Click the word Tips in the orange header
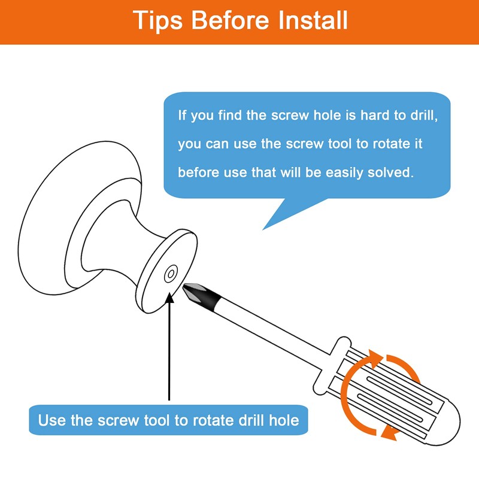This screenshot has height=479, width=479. coord(157,21)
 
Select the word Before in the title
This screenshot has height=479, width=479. coord(231,20)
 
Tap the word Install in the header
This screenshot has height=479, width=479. coord(313,20)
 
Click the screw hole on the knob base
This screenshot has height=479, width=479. coord(171,274)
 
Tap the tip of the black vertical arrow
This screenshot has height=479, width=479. coord(169,293)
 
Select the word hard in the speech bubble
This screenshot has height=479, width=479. coord(375,116)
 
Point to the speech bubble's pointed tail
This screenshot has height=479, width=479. coord(263,229)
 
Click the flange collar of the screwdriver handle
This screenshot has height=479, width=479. coord(332,366)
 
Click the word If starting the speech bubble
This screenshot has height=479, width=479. coord(182,115)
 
